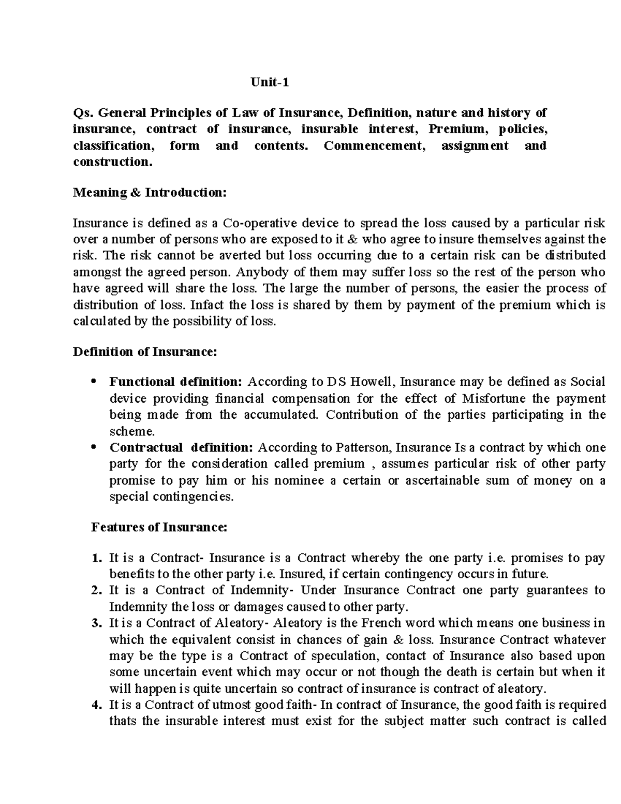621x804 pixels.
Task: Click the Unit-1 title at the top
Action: point(269,82)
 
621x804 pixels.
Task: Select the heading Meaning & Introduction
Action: point(150,193)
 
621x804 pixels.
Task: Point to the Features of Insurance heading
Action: point(159,528)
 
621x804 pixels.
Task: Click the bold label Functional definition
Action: point(175,382)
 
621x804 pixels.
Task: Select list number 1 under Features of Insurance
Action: point(95,559)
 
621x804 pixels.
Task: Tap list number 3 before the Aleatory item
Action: point(95,623)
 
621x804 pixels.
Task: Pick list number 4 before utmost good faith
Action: point(95,705)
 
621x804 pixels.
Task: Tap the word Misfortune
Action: point(495,399)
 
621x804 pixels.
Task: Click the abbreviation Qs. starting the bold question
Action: point(82,113)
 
